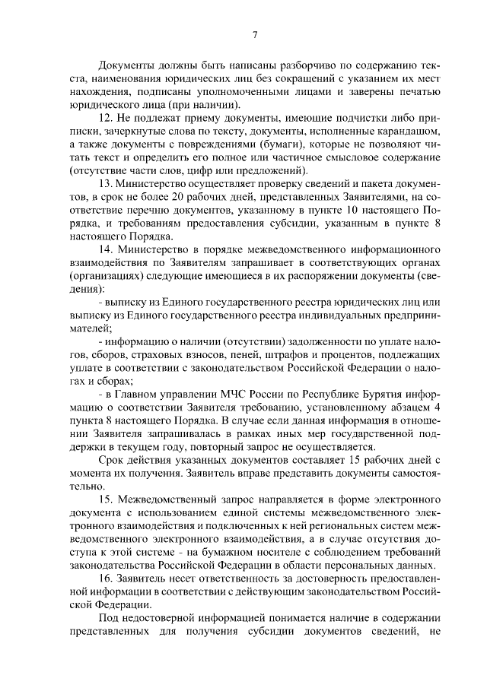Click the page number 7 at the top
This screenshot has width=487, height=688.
pos(256,33)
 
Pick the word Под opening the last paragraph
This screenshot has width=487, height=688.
pos(109,619)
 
